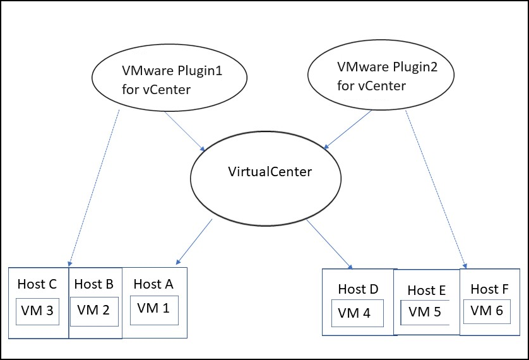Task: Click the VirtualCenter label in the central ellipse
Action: [x=270, y=172]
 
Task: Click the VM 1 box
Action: [x=153, y=309]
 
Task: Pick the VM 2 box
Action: [x=93, y=310]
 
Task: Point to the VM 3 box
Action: [x=38, y=311]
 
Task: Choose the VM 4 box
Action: [x=357, y=313]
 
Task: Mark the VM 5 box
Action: [x=425, y=311]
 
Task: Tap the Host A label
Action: [x=153, y=284]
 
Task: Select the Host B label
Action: [x=93, y=284]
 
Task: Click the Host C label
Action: [x=37, y=284]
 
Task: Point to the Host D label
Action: [x=358, y=289]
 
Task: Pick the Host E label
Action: [x=427, y=291]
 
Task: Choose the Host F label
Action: [x=489, y=289]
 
